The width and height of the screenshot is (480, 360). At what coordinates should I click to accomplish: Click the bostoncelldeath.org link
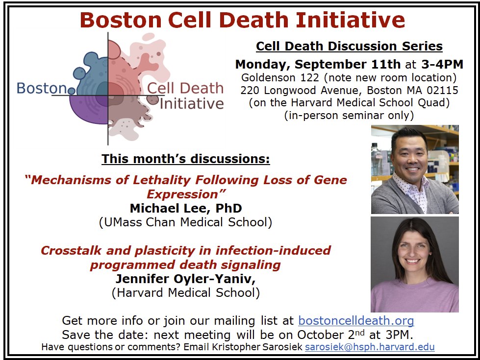pyautogui.click(x=356, y=321)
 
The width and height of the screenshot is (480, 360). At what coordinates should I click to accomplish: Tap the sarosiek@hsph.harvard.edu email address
pyautogui.click(x=370, y=347)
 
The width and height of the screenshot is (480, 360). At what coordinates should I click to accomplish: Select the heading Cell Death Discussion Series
pyautogui.click(x=349, y=47)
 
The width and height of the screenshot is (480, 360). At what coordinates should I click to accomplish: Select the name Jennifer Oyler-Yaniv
pyautogui.click(x=185, y=279)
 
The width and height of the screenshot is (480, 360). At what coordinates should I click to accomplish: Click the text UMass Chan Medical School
pyautogui.click(x=185, y=222)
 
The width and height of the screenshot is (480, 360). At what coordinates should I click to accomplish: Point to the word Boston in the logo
pyautogui.click(x=41, y=89)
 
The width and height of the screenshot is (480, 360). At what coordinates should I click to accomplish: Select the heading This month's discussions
pyautogui.click(x=185, y=159)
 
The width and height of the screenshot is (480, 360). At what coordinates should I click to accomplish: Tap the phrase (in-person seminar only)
pyautogui.click(x=349, y=116)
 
